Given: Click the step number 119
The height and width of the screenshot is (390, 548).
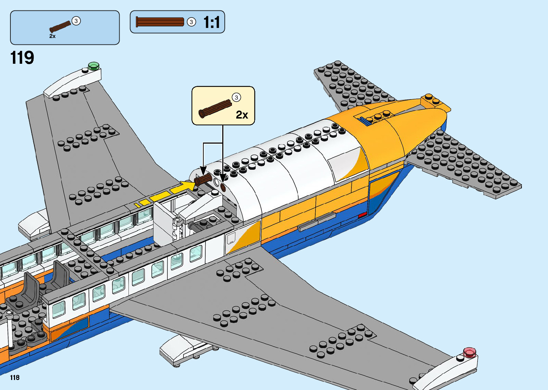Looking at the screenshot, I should [22, 58].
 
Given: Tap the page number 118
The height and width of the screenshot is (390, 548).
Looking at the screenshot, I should [15, 377].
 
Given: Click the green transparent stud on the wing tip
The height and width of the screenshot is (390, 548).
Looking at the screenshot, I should [94, 66].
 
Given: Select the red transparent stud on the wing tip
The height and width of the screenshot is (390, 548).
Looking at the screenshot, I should [469, 352].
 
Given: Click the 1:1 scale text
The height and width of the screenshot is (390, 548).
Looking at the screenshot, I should [212, 22].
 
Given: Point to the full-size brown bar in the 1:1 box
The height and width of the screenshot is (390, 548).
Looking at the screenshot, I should [160, 22].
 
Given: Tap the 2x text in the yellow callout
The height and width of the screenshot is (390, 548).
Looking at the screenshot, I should [242, 115].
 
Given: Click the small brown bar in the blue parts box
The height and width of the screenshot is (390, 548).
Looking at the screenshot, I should [60, 27].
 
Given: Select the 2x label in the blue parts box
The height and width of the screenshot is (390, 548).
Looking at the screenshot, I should [52, 36].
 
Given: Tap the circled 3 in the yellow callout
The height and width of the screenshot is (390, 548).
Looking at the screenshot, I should [236, 97].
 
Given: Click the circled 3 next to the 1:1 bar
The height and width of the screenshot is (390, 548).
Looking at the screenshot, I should [191, 22].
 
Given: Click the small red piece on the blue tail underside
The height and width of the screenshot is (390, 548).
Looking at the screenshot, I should [362, 215].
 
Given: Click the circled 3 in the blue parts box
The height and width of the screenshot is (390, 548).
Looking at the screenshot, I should [76, 21].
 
